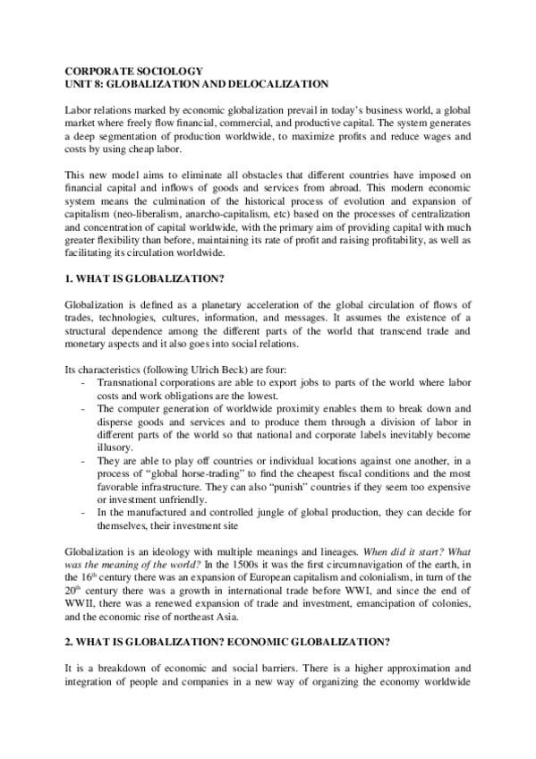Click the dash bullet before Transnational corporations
(x=83, y=381)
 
